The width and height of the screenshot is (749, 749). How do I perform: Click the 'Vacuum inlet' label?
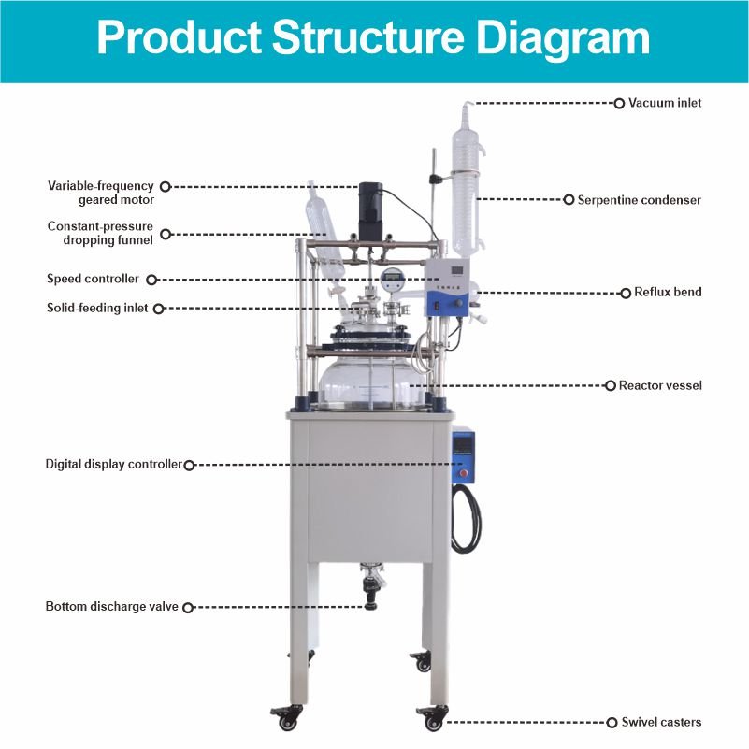[x=664, y=103]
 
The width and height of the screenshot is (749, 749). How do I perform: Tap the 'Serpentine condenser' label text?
[x=639, y=200]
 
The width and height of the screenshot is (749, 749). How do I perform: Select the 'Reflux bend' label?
[x=667, y=293]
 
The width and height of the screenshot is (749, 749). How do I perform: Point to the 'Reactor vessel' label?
[x=660, y=385]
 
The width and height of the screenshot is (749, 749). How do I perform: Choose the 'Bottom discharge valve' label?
[x=111, y=607]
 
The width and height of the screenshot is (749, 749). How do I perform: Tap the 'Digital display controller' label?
[x=113, y=464]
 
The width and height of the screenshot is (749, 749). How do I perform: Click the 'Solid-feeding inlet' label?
[x=97, y=308]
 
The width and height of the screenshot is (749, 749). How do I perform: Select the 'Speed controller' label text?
[x=93, y=279]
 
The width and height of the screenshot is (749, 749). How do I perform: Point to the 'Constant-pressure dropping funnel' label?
[x=100, y=233]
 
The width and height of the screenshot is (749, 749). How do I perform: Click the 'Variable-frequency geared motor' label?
[x=101, y=193]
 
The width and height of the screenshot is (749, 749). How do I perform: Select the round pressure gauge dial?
[x=391, y=281]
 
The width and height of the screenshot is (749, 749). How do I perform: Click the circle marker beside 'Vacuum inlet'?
[x=618, y=103]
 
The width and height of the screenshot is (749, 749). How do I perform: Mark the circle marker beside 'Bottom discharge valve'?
[x=187, y=607]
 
